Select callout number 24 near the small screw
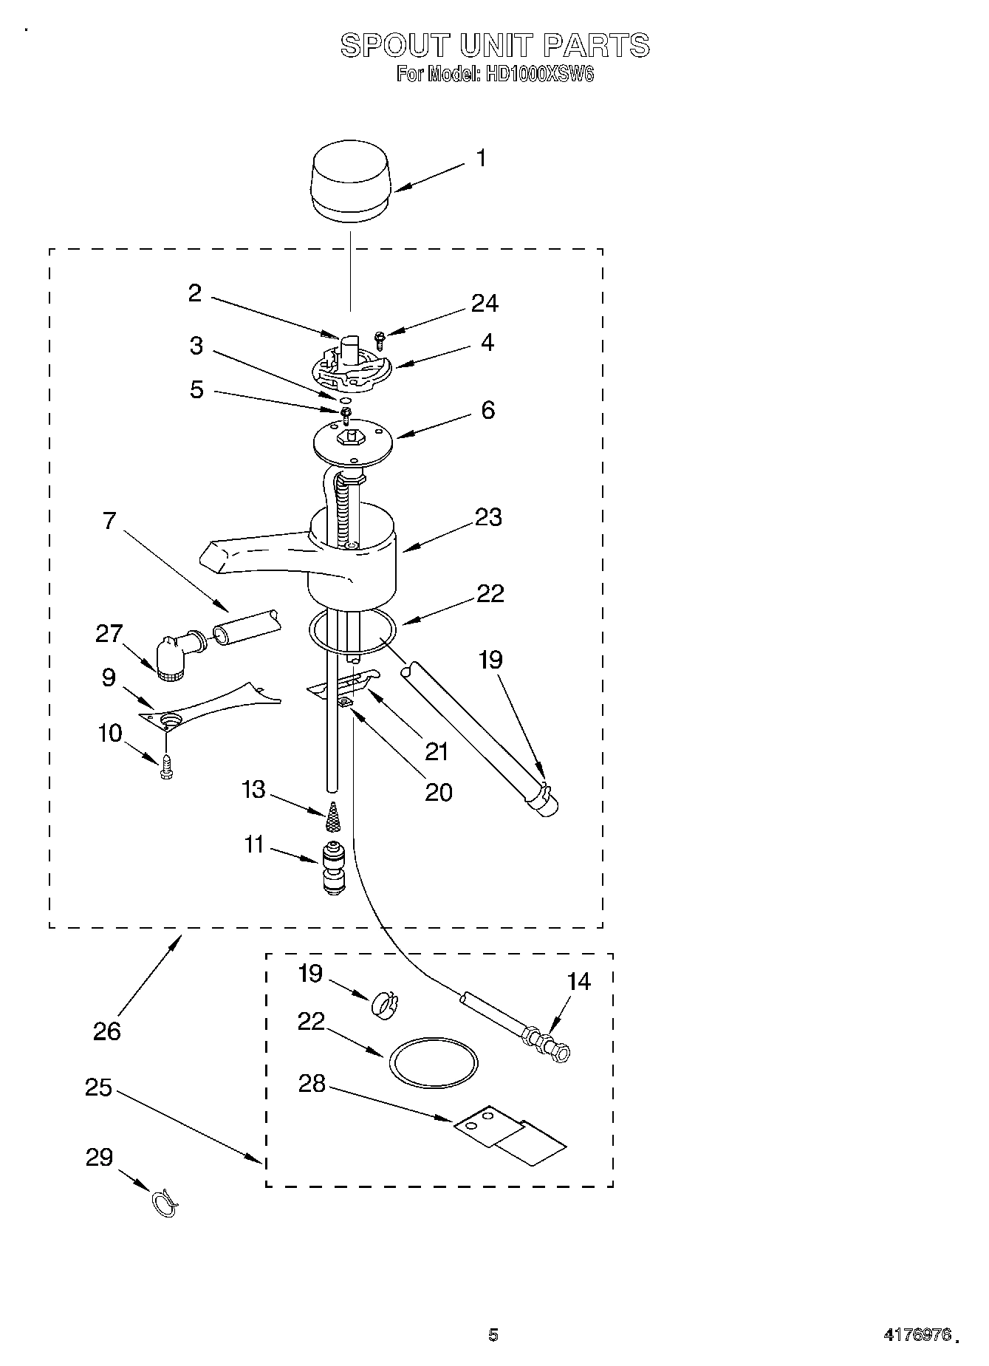(485, 303)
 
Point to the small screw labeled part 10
(165, 768)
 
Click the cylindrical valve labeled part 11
(333, 868)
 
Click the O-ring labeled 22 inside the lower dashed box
(433, 1063)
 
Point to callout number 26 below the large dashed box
(107, 1031)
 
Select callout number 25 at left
(98, 1088)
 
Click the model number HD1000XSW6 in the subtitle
(538, 75)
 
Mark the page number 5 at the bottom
(493, 1334)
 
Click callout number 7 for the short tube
(109, 520)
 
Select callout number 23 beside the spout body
(488, 517)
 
